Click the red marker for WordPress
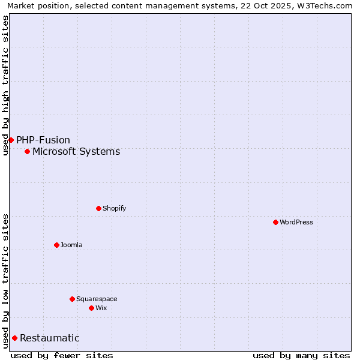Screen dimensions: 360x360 coord(275,222)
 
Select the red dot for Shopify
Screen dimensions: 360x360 coord(98,208)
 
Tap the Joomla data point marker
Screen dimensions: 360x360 coord(56,245)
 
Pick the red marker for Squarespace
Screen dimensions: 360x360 coord(72,299)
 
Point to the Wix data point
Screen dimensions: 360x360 coord(91,308)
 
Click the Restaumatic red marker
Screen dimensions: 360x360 coord(14,338)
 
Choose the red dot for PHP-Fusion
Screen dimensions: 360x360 coord(11,140)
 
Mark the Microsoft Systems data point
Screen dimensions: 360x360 coord(27,151)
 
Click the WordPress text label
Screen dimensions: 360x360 coord(296,222)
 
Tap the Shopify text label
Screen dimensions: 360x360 coord(115,208)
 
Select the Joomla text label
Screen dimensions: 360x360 coord(71,245)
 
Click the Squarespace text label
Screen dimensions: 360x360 coord(97,299)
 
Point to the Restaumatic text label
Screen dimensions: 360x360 coord(50,338)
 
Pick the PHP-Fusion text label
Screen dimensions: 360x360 coord(43,140)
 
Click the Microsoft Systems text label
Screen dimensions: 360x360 coord(76,151)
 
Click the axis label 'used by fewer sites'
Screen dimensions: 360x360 coord(62,355)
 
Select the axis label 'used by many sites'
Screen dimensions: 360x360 coord(301,355)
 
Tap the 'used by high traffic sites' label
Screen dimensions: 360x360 coord(5,85)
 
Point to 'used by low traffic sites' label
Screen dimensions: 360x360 coord(5,280)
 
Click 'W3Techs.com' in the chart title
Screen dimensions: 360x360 coord(326,5)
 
